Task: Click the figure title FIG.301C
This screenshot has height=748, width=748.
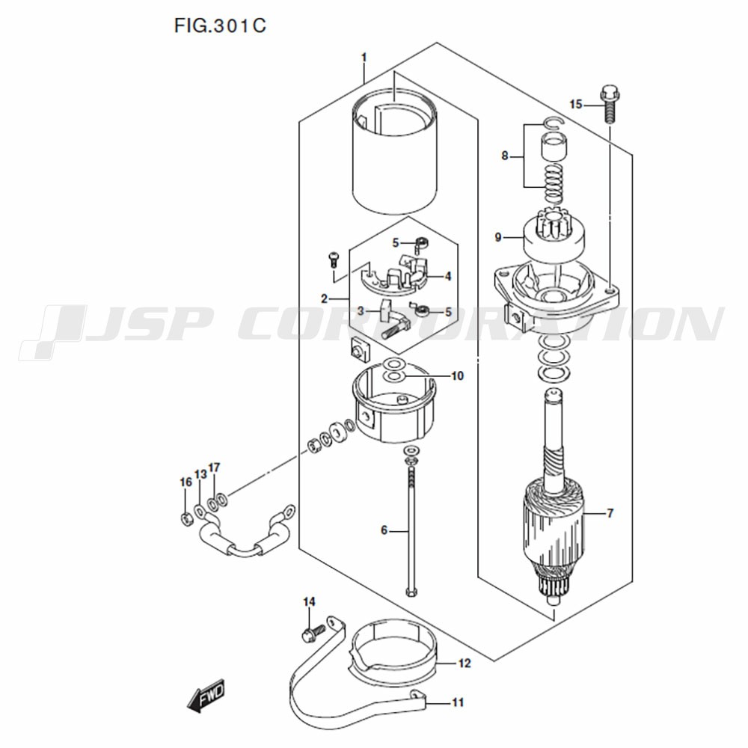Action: pos(220,25)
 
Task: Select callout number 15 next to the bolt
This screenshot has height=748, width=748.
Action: pos(576,104)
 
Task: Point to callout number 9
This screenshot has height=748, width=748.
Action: pos(498,237)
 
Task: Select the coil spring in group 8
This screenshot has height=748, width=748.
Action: pos(554,184)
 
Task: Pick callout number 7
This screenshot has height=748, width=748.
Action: pos(610,513)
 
